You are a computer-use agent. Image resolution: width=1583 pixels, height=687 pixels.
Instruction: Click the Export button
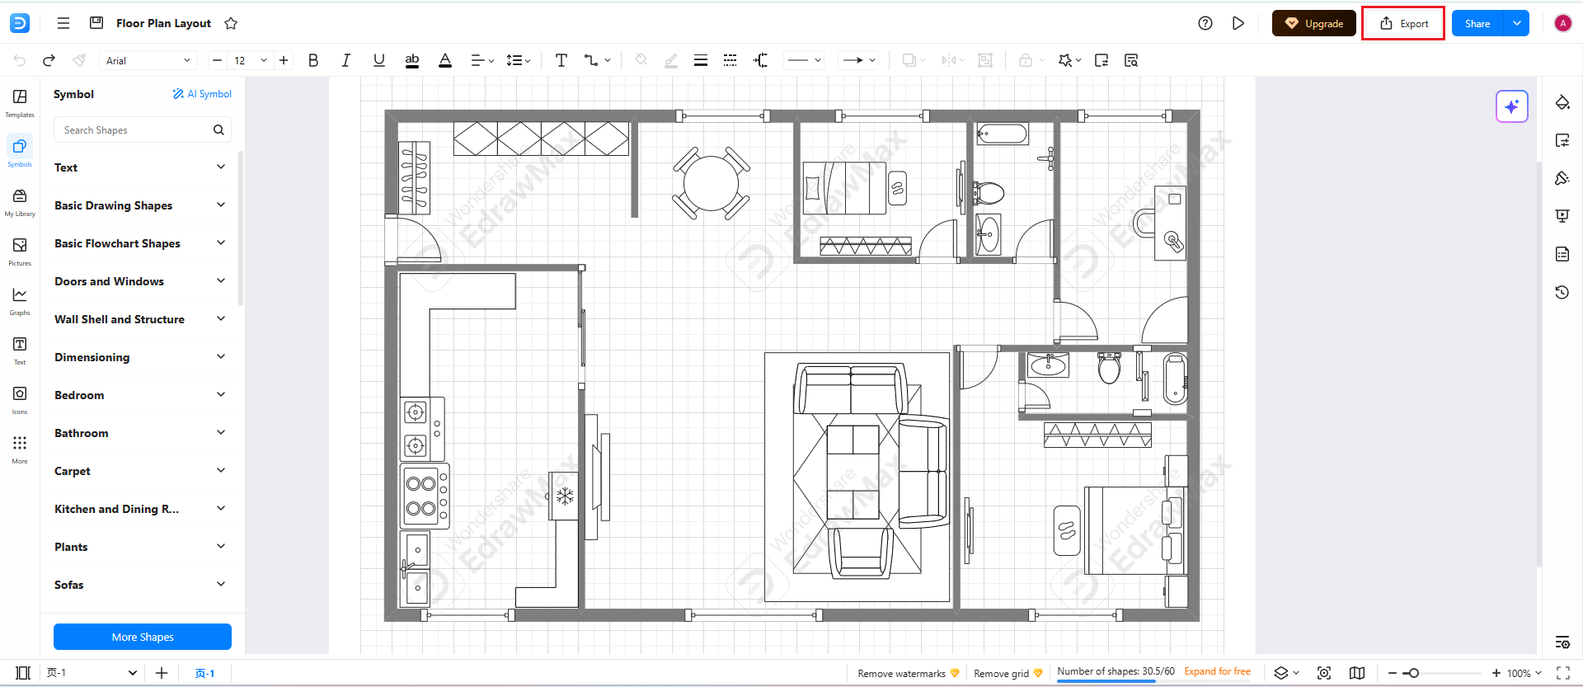coord(1403,24)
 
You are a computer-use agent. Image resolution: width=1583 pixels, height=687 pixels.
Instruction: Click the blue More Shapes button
coord(143,637)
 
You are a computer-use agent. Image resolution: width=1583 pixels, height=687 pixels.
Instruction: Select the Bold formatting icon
coord(313,60)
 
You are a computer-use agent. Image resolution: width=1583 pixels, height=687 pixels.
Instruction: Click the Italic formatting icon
coord(346,60)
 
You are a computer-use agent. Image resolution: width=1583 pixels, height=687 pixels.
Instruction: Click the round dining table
coord(711,183)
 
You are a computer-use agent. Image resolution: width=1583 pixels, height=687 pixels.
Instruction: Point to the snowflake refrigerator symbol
coord(565,496)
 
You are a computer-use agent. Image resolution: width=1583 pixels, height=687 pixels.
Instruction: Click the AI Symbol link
coord(202,94)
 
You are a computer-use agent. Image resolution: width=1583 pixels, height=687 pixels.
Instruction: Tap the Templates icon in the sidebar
coord(20,102)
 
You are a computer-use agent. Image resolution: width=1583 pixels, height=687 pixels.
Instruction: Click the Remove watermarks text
coord(901,674)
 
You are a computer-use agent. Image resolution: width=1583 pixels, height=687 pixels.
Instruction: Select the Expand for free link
coord(1217,671)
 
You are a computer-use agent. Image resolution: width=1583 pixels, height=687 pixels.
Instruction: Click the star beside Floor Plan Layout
coord(231,24)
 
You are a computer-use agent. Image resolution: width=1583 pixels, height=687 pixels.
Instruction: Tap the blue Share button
coord(1477,24)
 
